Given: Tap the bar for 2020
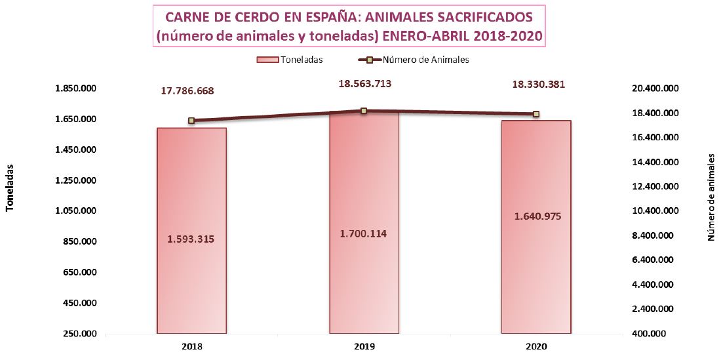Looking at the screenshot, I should tap(536, 275).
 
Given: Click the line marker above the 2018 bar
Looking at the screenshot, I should tap(191, 121).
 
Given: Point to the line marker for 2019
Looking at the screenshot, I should tap(364, 111).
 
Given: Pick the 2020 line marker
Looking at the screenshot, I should tap(536, 114).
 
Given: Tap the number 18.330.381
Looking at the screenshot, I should tap(537, 84).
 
